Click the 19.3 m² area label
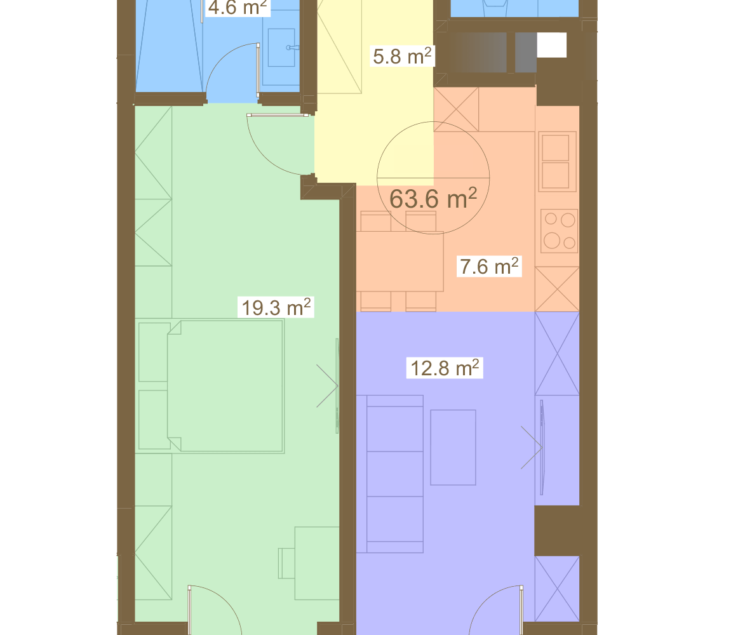click(276, 307)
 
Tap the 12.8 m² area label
click(445, 368)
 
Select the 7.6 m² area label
click(489, 267)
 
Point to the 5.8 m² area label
click(402, 57)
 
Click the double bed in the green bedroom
click(225, 385)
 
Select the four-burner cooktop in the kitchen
click(559, 231)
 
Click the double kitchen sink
click(558, 161)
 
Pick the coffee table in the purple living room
click(453, 448)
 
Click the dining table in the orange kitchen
click(400, 261)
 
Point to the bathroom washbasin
click(281, 48)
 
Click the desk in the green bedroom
click(317, 563)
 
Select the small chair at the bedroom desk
click(286, 563)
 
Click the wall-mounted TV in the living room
click(542, 448)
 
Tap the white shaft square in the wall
click(552, 45)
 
